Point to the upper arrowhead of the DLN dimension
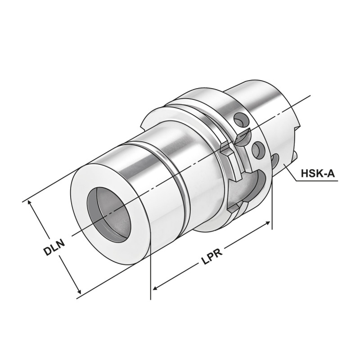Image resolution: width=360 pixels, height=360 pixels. pyautogui.click(x=31, y=203)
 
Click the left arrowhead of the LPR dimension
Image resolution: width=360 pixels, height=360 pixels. pyautogui.click(x=155, y=288)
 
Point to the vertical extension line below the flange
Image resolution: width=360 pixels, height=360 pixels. pyautogui.click(x=272, y=211)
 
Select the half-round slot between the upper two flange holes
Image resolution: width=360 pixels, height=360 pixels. pyautogui.click(x=243, y=134)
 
